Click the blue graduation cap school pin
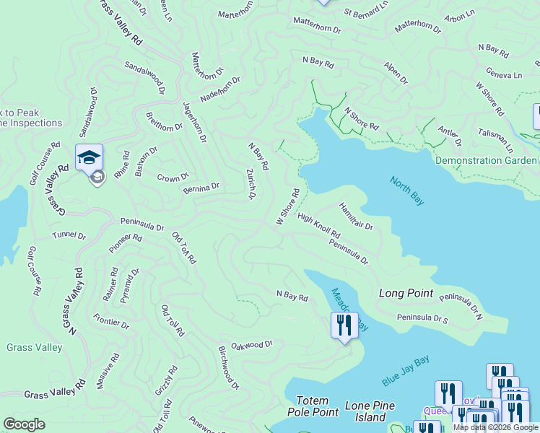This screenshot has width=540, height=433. click(x=89, y=157)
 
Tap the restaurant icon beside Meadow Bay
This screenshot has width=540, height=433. click(x=344, y=324)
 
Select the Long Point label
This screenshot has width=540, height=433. click(x=406, y=293)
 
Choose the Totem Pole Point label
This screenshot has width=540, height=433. click(x=317, y=406)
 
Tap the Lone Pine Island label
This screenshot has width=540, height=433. click(x=370, y=411)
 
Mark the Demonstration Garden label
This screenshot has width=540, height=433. click(x=486, y=160)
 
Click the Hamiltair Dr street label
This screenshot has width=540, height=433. click(x=355, y=216)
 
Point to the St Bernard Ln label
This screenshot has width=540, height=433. click(x=365, y=13)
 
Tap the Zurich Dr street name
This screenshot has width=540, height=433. click(x=251, y=184)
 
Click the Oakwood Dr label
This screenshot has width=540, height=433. click(x=251, y=345)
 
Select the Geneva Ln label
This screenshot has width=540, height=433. click(x=504, y=74)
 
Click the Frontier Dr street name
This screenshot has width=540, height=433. click(x=111, y=321)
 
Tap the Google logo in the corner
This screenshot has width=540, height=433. click(x=25, y=424)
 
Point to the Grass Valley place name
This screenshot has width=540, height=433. click(x=34, y=347)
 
